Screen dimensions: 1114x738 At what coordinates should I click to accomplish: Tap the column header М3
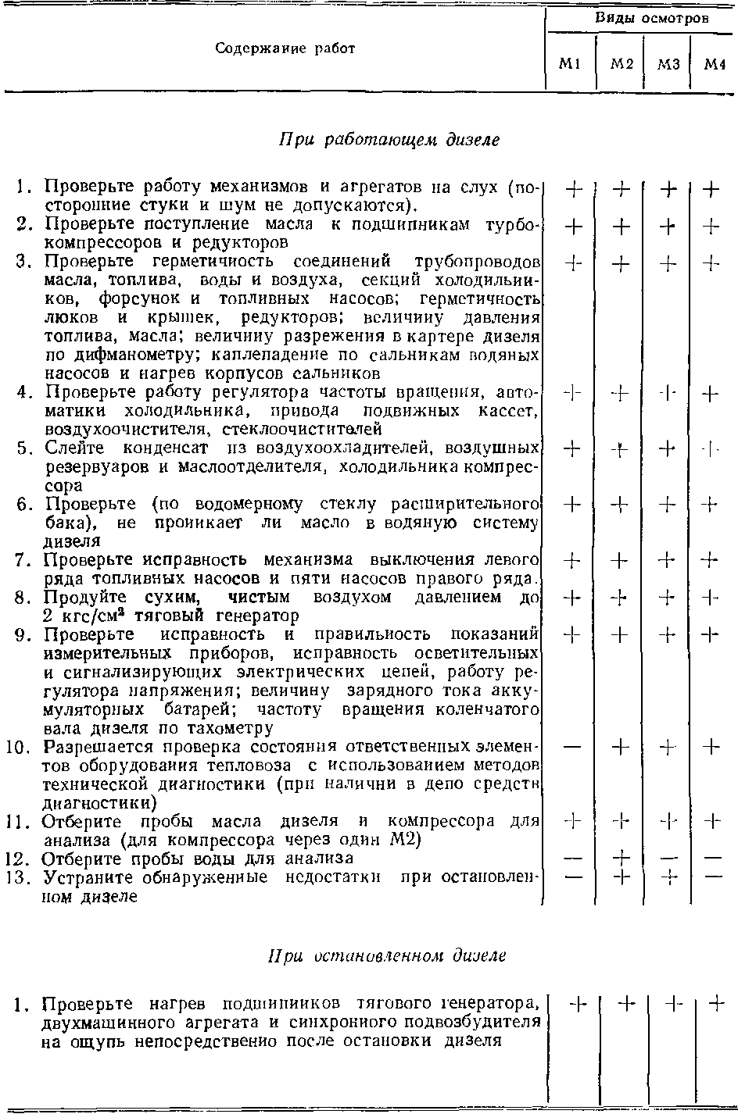667,65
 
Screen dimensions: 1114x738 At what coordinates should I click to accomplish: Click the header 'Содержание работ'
285,48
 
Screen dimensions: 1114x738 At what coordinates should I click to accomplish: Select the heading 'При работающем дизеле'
389,140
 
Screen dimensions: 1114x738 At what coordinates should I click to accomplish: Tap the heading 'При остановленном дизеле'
387,955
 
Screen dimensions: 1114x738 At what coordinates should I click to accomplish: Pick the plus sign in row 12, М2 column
621,859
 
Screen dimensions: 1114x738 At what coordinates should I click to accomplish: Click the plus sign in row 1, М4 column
711,189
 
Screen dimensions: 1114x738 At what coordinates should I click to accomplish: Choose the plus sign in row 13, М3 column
667,877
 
